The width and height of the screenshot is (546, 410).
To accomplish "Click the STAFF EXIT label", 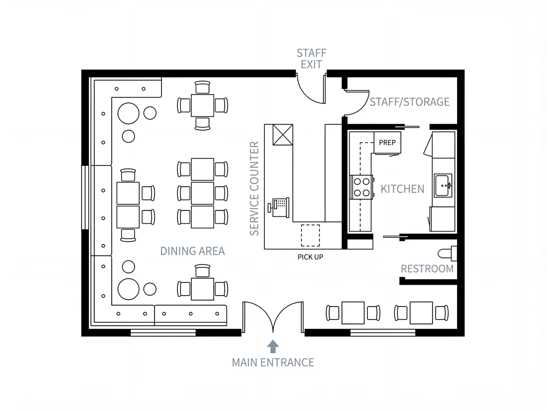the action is point(312,59).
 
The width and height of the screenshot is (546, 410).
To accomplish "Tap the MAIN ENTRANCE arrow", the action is point(273,346).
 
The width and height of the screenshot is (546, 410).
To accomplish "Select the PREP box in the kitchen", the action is point(387,143).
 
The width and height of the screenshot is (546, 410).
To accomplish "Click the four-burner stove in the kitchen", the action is point(362,187).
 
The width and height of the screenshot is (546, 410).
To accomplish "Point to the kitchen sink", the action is point(443,186).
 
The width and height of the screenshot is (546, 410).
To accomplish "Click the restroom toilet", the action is point(447,253).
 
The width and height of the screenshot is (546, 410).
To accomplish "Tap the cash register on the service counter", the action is point(279,208).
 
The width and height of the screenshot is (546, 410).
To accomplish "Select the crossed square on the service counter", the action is point(283,135).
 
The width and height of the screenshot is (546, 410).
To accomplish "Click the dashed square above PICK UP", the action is point(310,235).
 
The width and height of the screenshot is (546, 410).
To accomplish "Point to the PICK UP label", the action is point(310,257).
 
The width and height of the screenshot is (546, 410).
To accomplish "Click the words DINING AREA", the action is point(193,251).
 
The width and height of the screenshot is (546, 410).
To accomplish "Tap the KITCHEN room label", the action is point(402,189).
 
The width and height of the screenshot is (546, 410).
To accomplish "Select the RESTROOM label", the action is point(427,269).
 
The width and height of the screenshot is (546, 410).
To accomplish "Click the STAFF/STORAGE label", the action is point(409,102).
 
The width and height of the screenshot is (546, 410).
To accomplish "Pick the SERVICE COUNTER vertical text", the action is point(254,189).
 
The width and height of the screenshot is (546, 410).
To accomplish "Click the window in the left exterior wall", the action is point(85,198).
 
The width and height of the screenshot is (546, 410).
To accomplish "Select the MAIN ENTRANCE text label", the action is point(273,363).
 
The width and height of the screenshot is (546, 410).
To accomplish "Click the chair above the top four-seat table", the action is point(202,87).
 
